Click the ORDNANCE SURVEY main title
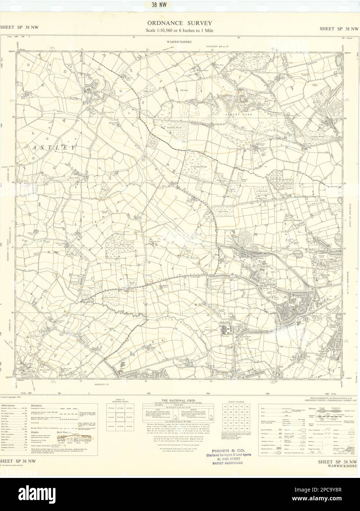tap(180, 23)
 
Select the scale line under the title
tap(180, 31)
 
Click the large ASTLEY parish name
tap(54, 147)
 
